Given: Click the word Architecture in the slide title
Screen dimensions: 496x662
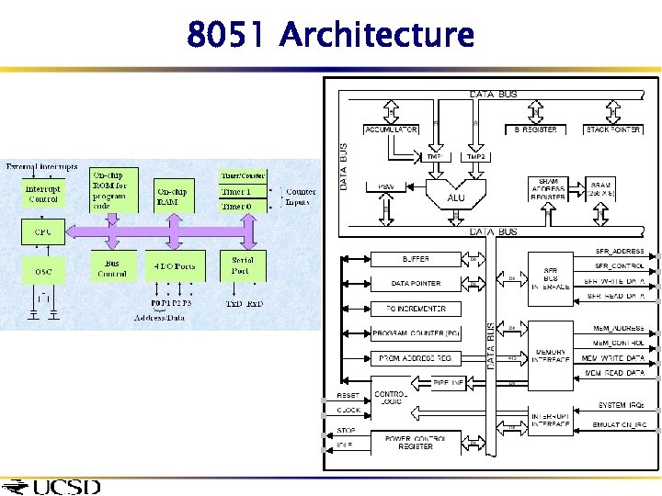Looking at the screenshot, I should [377, 35].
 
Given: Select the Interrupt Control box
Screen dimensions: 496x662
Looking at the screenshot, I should [43, 194].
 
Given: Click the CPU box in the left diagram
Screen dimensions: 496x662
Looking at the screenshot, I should [43, 231].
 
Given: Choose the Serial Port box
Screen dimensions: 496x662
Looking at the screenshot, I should [243, 266].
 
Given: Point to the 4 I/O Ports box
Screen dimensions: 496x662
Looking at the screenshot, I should [175, 267].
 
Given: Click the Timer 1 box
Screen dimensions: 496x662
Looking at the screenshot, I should [235, 191].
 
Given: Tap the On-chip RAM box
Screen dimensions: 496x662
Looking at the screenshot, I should [175, 196].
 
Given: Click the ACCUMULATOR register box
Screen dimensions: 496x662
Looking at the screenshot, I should [391, 130].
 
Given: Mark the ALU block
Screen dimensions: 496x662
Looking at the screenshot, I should [455, 197].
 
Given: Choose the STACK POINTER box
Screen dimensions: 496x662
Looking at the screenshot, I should [612, 130].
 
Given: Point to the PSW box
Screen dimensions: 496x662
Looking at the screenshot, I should [386, 186].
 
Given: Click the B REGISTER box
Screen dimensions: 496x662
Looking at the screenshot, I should [535, 130].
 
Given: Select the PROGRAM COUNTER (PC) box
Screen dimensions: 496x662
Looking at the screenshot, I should [415, 333].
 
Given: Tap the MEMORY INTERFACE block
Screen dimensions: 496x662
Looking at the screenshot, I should [550, 355].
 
